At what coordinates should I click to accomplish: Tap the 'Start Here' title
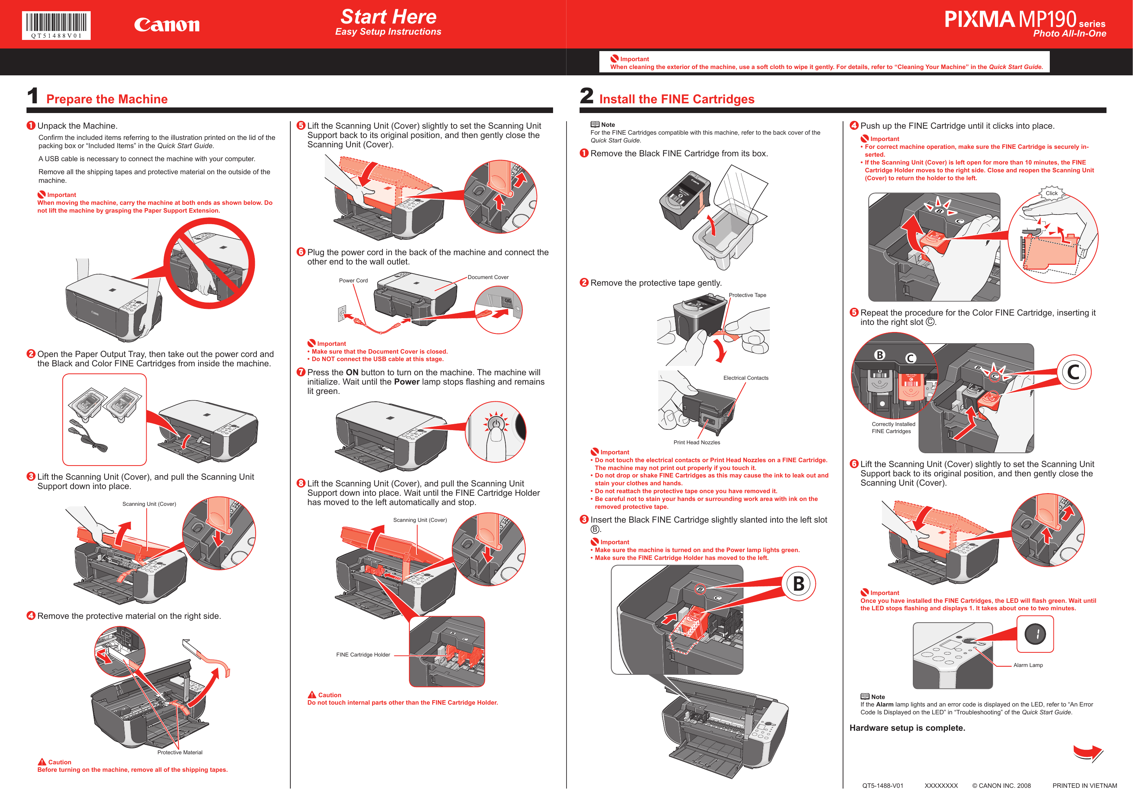(x=388, y=17)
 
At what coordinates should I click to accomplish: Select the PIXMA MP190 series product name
(x=1024, y=20)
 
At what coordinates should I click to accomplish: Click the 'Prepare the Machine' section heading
(x=107, y=99)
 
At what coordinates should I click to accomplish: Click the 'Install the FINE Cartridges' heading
(x=677, y=99)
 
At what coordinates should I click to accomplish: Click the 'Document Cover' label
(x=488, y=277)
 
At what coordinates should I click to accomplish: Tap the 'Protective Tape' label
(x=747, y=295)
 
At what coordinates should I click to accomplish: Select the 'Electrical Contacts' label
(x=746, y=378)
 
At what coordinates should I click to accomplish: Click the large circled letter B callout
(x=799, y=584)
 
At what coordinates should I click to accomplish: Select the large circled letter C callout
(x=1073, y=372)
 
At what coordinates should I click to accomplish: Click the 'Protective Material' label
(x=180, y=753)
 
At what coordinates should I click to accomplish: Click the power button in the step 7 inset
(x=496, y=424)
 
